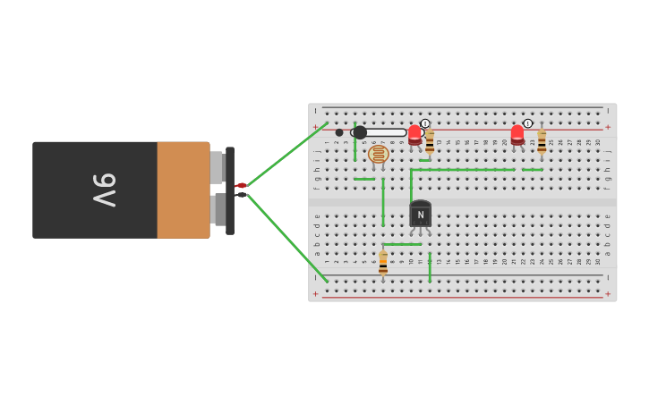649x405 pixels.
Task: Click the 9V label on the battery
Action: (x=104, y=190)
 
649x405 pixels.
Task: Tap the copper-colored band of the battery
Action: (x=184, y=190)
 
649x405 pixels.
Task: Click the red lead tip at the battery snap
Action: (x=240, y=185)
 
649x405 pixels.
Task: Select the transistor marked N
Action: (x=420, y=215)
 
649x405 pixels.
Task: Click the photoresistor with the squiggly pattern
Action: (x=379, y=154)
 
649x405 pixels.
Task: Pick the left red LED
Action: (x=414, y=135)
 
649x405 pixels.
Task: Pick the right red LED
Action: (x=517, y=135)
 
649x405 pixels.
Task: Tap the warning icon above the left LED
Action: (x=425, y=123)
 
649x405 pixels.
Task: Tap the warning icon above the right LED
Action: (x=528, y=123)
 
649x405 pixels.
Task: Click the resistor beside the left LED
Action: (x=430, y=141)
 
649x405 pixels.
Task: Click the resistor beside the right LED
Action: (x=542, y=141)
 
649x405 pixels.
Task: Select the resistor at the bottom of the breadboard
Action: (x=383, y=263)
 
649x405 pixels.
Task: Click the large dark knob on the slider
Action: (x=360, y=132)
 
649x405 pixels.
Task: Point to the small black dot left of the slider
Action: (x=339, y=132)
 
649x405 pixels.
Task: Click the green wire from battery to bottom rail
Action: (x=286, y=237)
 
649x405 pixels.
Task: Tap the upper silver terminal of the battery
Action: (x=217, y=167)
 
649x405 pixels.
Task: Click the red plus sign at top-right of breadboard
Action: (x=608, y=127)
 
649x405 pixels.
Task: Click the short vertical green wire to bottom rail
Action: (x=430, y=266)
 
